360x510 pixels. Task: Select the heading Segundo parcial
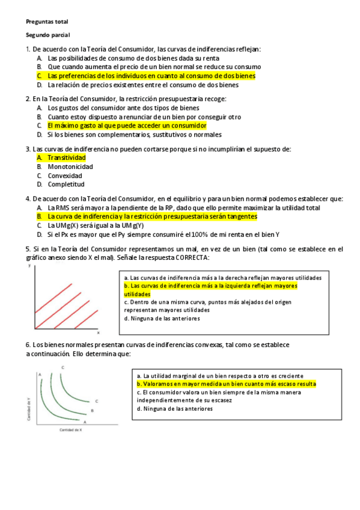tap(48, 35)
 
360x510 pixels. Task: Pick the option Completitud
tap(66, 185)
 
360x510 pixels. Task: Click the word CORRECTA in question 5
tap(192, 257)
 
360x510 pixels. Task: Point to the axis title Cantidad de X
tap(70, 431)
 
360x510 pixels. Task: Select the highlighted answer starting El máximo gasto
tap(127, 126)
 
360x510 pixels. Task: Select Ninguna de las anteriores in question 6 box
tap(175, 409)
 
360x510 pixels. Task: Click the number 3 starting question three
tap(28, 149)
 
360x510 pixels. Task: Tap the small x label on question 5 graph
tap(99, 332)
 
